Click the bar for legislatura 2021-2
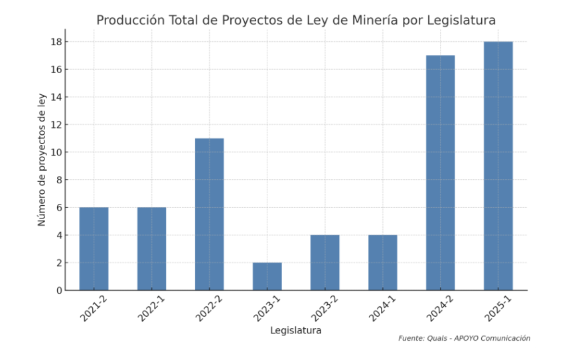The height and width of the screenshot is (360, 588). [94, 248]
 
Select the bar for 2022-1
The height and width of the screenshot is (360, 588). [151, 248]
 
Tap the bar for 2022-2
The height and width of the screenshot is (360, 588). [209, 214]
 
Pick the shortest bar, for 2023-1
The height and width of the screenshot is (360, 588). [267, 276]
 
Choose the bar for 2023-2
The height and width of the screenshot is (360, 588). [325, 262]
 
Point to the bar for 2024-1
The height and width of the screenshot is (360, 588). [382, 262]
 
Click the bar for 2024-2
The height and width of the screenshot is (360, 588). [440, 173]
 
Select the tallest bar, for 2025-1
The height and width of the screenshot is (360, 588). [498, 166]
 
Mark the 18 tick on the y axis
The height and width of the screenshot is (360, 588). [56, 42]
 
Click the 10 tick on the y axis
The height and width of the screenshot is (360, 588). [56, 152]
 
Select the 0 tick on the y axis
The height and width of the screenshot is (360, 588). [58, 290]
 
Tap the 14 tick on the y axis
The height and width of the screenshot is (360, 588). [56, 97]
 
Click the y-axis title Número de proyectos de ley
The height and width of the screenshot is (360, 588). [42, 159]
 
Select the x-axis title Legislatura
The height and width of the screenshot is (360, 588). [296, 330]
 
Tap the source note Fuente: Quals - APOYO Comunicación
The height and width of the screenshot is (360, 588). [464, 338]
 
